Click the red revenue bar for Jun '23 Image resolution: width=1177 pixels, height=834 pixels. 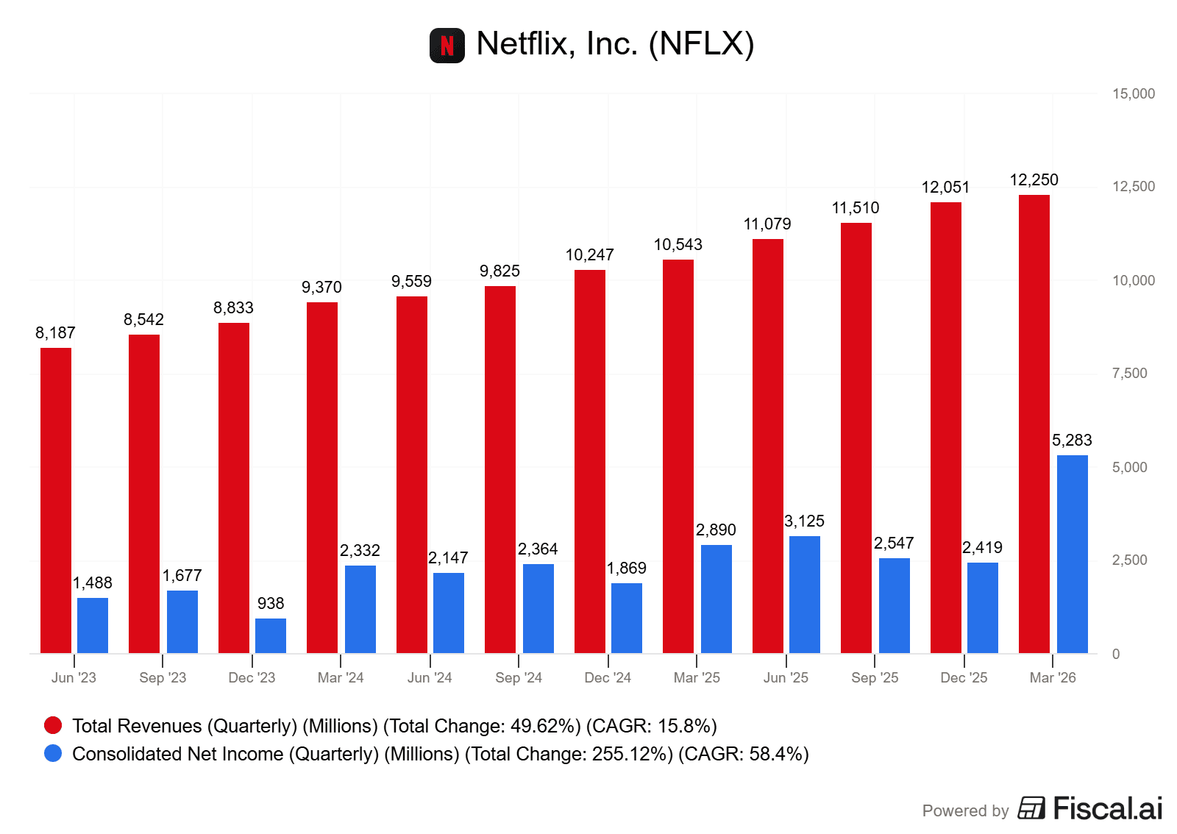(56, 500)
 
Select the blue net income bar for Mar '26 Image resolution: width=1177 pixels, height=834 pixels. (1072, 554)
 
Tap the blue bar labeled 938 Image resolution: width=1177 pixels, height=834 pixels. (271, 635)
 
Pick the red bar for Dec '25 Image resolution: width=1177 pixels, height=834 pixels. (945, 427)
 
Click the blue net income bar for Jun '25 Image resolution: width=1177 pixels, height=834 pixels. (804, 594)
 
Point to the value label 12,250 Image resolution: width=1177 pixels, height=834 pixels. (1034, 180)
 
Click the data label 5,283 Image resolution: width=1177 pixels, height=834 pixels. (1072, 441)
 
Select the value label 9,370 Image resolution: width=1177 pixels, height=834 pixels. (321, 288)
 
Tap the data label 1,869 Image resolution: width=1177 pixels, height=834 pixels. (626, 569)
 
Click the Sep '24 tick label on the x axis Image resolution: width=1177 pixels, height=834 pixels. (519, 678)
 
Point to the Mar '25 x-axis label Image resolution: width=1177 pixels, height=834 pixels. (697, 678)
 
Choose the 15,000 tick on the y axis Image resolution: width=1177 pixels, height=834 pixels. (1133, 94)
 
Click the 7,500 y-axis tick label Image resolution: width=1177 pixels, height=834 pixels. (1129, 374)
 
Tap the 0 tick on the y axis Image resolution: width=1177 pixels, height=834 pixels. (1116, 655)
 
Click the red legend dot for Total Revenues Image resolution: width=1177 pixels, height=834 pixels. (53, 726)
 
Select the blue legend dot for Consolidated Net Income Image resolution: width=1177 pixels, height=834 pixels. (53, 754)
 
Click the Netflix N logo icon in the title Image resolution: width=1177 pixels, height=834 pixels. (447, 46)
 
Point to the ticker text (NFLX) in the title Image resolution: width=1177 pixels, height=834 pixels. (701, 44)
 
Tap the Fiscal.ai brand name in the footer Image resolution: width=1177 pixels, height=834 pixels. (1107, 809)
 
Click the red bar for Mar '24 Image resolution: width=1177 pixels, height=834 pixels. (322, 477)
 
